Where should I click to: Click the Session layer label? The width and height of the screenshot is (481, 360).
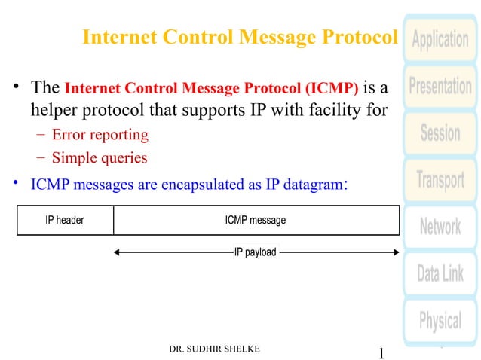440,133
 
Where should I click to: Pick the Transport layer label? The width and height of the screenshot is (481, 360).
440,180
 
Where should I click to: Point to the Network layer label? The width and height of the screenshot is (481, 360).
440,227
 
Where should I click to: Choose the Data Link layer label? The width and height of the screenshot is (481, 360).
440,273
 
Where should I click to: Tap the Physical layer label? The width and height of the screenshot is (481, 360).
440,321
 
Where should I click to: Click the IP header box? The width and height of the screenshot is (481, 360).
65,221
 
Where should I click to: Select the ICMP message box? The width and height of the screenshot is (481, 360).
256,221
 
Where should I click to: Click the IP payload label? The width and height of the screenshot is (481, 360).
256,252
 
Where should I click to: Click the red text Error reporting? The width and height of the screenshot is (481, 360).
100,136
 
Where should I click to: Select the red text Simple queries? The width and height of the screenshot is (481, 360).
100,158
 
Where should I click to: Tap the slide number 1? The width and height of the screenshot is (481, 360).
381,352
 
